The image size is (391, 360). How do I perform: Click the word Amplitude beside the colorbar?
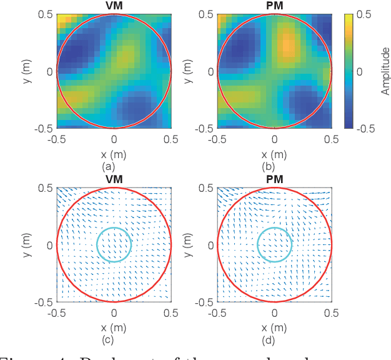click(x=385, y=71)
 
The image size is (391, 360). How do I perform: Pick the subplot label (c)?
click(x=114, y=340)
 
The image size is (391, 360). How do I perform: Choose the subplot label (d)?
click(x=274, y=340)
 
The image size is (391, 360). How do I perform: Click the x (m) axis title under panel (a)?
click(x=114, y=154)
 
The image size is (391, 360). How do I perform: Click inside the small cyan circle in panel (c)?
click(x=114, y=244)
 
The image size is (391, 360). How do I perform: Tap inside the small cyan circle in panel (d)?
click(x=274, y=244)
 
